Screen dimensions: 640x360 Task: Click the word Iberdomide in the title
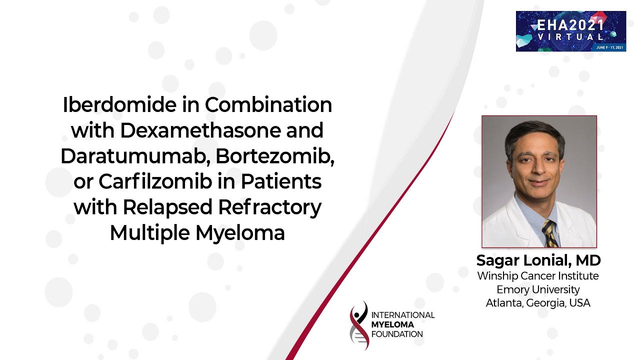click(119, 105)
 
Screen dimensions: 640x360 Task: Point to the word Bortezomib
click(275, 156)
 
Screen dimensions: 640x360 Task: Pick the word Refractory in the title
click(269, 208)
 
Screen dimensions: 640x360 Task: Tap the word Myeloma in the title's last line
click(240, 233)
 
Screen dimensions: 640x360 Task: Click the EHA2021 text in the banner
click(570, 25)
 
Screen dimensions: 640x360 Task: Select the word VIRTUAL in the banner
click(570, 37)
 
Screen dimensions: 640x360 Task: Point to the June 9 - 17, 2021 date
click(609, 47)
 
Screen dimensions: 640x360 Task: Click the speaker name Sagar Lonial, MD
click(538, 260)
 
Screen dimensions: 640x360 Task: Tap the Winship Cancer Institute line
click(538, 276)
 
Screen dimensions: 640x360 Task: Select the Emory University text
click(538, 289)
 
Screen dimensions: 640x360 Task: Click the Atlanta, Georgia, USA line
click(538, 303)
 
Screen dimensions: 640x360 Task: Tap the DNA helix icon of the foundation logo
click(359, 325)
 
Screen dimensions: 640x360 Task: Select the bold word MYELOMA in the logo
click(392, 324)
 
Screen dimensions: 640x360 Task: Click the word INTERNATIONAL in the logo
click(403, 315)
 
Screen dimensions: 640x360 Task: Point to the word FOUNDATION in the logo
click(397, 334)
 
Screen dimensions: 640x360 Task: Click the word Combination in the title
click(268, 105)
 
